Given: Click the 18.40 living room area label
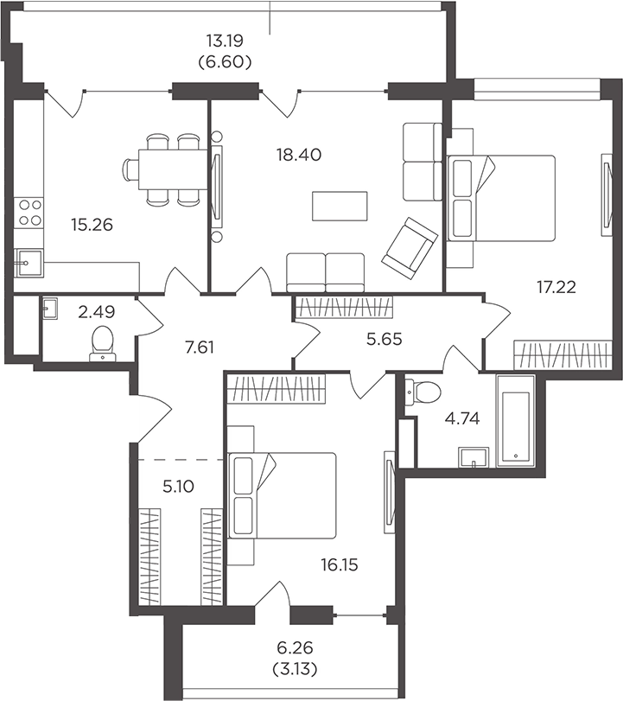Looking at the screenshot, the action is coord(299,155).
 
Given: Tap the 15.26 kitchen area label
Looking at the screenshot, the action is coord(92,225).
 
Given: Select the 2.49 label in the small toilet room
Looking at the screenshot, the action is coord(97,312).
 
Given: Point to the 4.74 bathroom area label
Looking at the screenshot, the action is coord(462,418).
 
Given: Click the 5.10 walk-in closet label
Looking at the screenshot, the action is coord(178,486).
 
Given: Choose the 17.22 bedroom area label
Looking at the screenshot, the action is coord(556,287).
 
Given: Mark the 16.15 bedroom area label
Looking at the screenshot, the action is coord(340,565).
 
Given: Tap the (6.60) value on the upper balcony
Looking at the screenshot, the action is coord(225,61).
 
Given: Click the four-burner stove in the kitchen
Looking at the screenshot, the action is coord(29,213).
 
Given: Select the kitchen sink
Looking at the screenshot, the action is coord(29,264).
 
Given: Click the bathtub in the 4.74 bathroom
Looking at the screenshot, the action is coord(515,421).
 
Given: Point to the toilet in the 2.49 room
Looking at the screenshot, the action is coord(103,343).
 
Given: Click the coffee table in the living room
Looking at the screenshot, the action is coord(340,206).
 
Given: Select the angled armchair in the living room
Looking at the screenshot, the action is coord(410,248).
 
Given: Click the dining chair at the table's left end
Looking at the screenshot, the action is coord(130,170).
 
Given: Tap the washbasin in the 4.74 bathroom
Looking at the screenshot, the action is coord(474,457).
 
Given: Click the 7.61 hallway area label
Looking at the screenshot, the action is coord(200,347).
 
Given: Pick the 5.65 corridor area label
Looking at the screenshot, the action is coord(384,340).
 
